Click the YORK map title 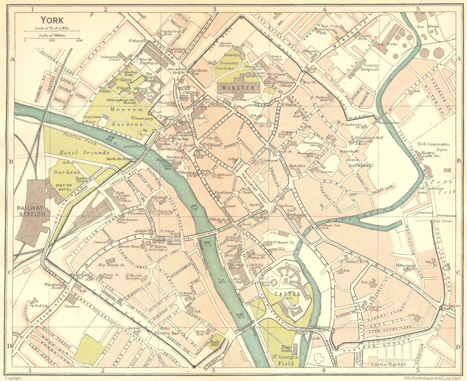(x=52, y=20)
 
